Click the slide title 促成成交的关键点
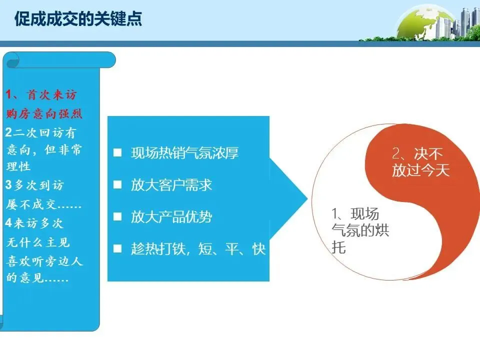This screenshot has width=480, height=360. coord(78,18)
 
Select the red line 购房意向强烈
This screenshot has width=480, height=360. coord(44,114)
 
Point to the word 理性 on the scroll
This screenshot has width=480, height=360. coord(18,166)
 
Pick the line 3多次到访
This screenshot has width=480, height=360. coord(34,185)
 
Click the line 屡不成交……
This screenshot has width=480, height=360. coord(44,204)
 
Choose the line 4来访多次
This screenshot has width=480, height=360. coord(34,223)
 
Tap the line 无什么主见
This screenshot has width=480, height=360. coord(38,242)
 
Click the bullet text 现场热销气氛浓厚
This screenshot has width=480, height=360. coord(184,153)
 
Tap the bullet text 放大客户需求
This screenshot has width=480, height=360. coord(171,185)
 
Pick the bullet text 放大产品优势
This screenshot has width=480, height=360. coord(171,217)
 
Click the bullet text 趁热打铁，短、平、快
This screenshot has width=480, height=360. coord(198,249)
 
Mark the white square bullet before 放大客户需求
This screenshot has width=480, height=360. coord(117,185)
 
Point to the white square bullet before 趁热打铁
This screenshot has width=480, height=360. coord(117,249)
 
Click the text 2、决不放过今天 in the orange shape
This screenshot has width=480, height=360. coord(420,162)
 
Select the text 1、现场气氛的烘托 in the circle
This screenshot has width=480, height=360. coord(360,230)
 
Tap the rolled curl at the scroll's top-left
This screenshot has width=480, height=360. coord(11,60)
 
